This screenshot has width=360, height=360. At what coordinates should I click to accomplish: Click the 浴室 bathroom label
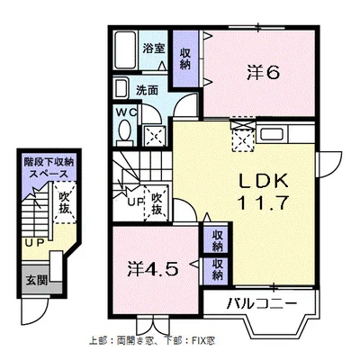(x=154, y=48)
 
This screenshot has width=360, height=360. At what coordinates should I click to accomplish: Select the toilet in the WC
(x=124, y=130)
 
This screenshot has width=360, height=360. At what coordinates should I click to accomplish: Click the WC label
(x=126, y=112)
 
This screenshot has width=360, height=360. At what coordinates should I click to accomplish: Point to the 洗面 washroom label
(x=147, y=90)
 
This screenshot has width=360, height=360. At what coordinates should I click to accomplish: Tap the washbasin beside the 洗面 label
(x=121, y=88)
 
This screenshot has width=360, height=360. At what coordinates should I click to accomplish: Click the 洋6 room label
(x=264, y=73)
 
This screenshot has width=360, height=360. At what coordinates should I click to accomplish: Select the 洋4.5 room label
(x=153, y=269)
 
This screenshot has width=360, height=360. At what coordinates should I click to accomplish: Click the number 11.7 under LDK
(x=263, y=203)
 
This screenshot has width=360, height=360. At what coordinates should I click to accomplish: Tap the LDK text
(x=264, y=181)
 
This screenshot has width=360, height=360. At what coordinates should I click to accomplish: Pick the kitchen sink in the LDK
(x=272, y=133)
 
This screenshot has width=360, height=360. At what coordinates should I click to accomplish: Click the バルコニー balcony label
(x=262, y=303)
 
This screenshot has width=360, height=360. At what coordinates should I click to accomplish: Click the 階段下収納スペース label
(x=49, y=168)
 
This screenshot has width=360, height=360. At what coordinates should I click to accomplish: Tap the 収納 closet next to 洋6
(x=185, y=59)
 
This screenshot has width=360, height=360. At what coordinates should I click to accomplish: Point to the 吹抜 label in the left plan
(x=64, y=202)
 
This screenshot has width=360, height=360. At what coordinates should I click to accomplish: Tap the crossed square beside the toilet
(x=155, y=137)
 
